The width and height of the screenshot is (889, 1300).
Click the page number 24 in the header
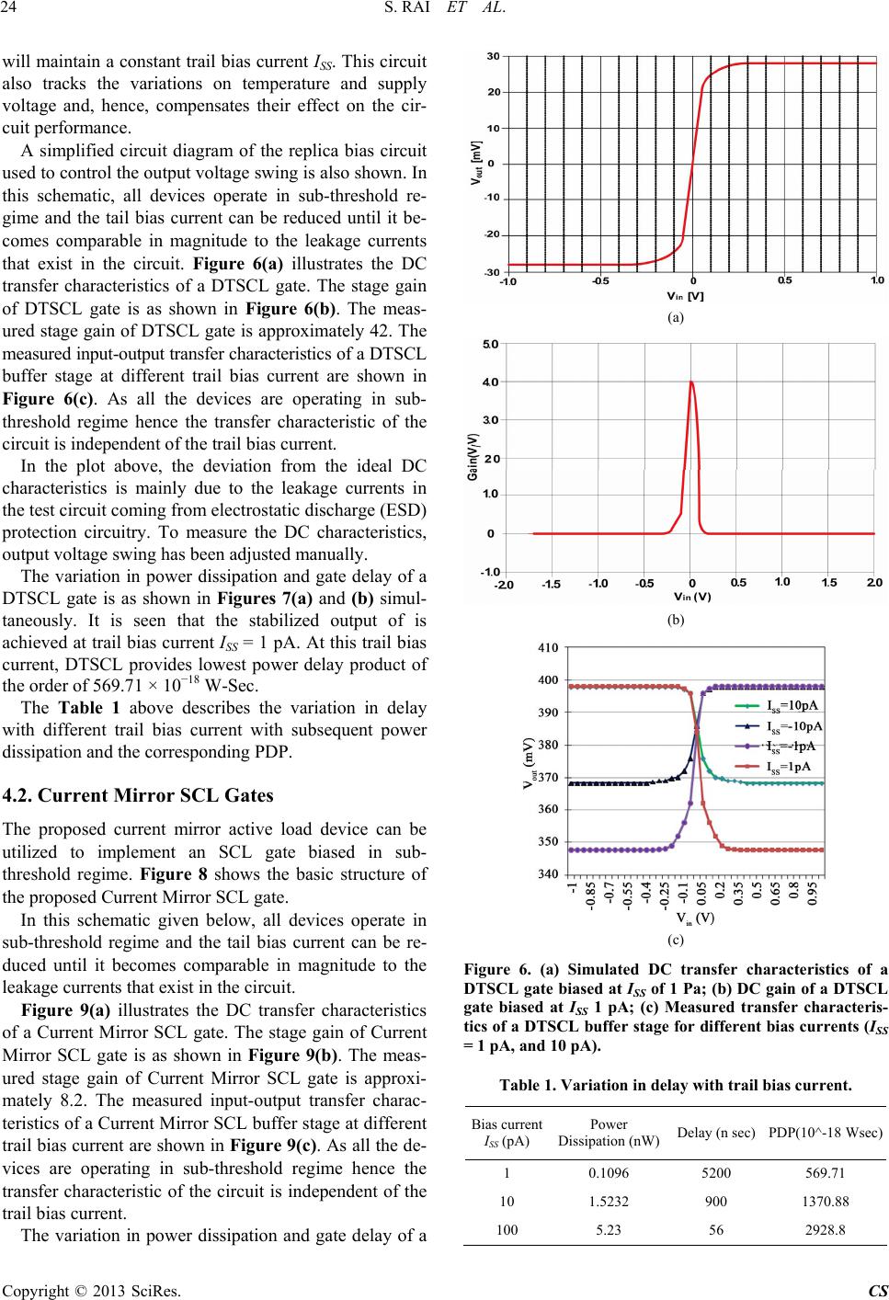pos(14,13)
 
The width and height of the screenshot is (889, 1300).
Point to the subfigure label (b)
pos(676,621)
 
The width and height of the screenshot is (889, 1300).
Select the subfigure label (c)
pos(676,940)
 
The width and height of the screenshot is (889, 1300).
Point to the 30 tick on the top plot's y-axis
pos(493,57)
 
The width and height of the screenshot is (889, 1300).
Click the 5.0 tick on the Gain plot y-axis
pos(491,344)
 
